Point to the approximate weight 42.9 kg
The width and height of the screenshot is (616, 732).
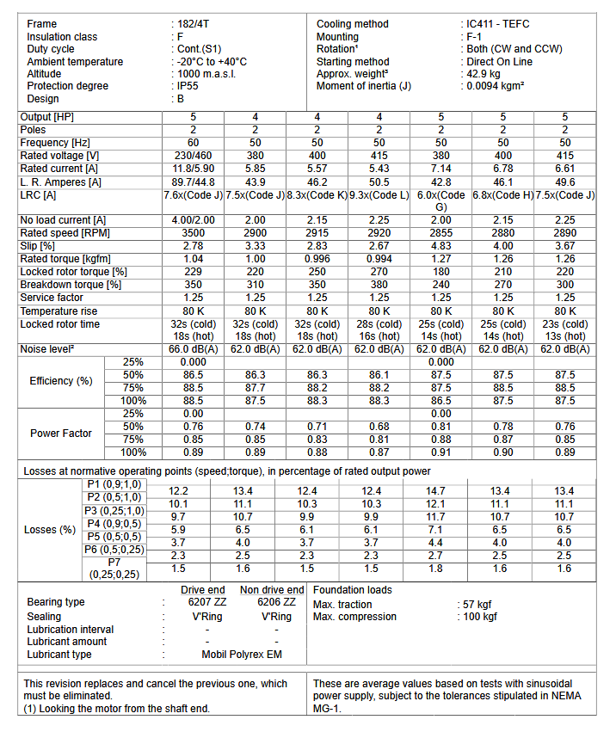click(x=484, y=74)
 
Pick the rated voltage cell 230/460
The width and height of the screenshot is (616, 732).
click(x=193, y=156)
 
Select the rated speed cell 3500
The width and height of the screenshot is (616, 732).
click(x=193, y=233)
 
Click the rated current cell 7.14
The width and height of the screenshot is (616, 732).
click(x=440, y=169)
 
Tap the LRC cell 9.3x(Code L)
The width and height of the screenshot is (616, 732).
click(x=379, y=194)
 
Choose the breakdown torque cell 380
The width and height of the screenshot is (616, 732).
click(x=379, y=285)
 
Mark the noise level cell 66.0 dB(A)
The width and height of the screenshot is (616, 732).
click(x=193, y=350)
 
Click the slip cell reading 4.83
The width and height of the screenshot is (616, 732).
click(x=440, y=246)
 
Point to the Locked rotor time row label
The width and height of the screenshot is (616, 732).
click(x=60, y=324)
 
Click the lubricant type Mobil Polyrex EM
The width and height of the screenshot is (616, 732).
click(x=242, y=654)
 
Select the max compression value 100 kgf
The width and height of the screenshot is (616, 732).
click(x=479, y=616)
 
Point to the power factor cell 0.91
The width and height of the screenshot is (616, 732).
click(x=440, y=452)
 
